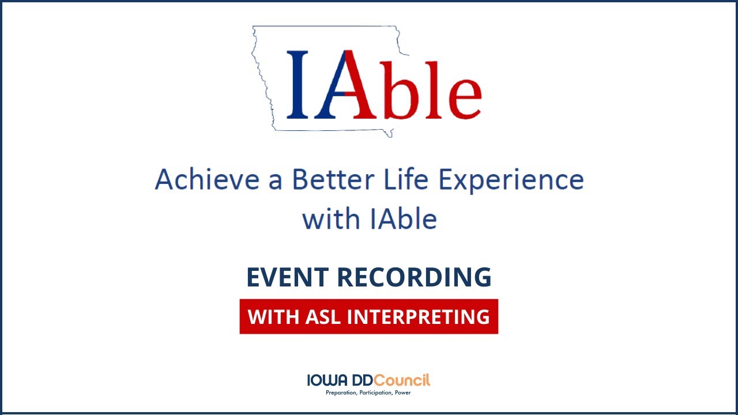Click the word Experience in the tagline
[x=511, y=180]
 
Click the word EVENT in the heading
[x=287, y=277]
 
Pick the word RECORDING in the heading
[x=414, y=277]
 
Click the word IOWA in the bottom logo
[x=326, y=380]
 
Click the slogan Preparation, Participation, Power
[x=368, y=393]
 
